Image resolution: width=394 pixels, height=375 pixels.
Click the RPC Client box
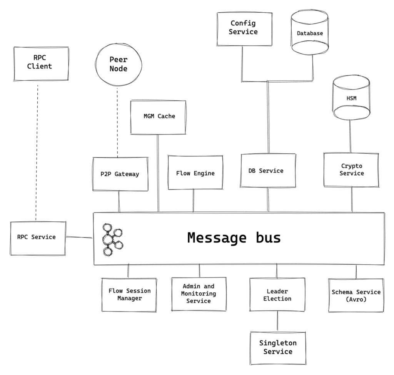41,63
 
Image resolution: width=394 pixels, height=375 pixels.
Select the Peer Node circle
117,65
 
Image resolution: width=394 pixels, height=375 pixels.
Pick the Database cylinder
310,33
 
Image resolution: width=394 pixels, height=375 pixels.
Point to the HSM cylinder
351,98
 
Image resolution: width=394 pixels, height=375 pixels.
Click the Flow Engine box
195,173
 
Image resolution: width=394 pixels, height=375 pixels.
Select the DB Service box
268,171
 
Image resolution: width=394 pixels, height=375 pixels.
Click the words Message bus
234,238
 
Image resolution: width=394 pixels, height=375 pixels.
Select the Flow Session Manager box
129,294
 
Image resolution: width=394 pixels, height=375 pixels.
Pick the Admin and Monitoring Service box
198,294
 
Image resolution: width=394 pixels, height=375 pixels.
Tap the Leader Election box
277,295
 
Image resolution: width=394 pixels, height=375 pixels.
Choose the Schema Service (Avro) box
356,295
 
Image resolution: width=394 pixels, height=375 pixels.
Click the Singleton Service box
277,347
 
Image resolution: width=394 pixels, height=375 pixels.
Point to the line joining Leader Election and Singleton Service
277,321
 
